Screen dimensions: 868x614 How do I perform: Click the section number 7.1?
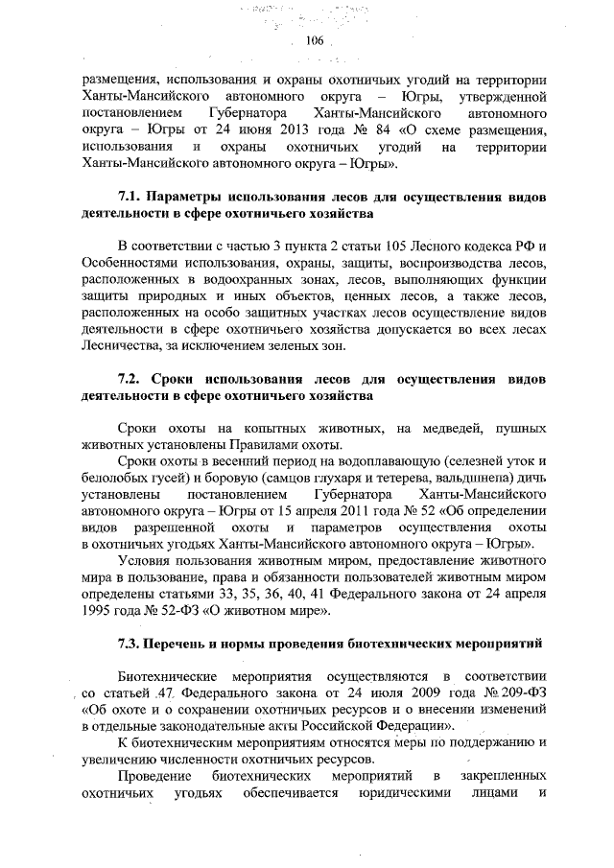pos(130,197)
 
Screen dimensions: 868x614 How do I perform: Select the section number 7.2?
pos(131,377)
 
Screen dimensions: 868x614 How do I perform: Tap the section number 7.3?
pos(130,640)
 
